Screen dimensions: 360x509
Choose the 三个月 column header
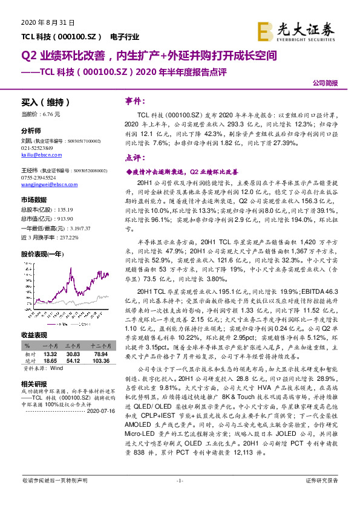(74, 346)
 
